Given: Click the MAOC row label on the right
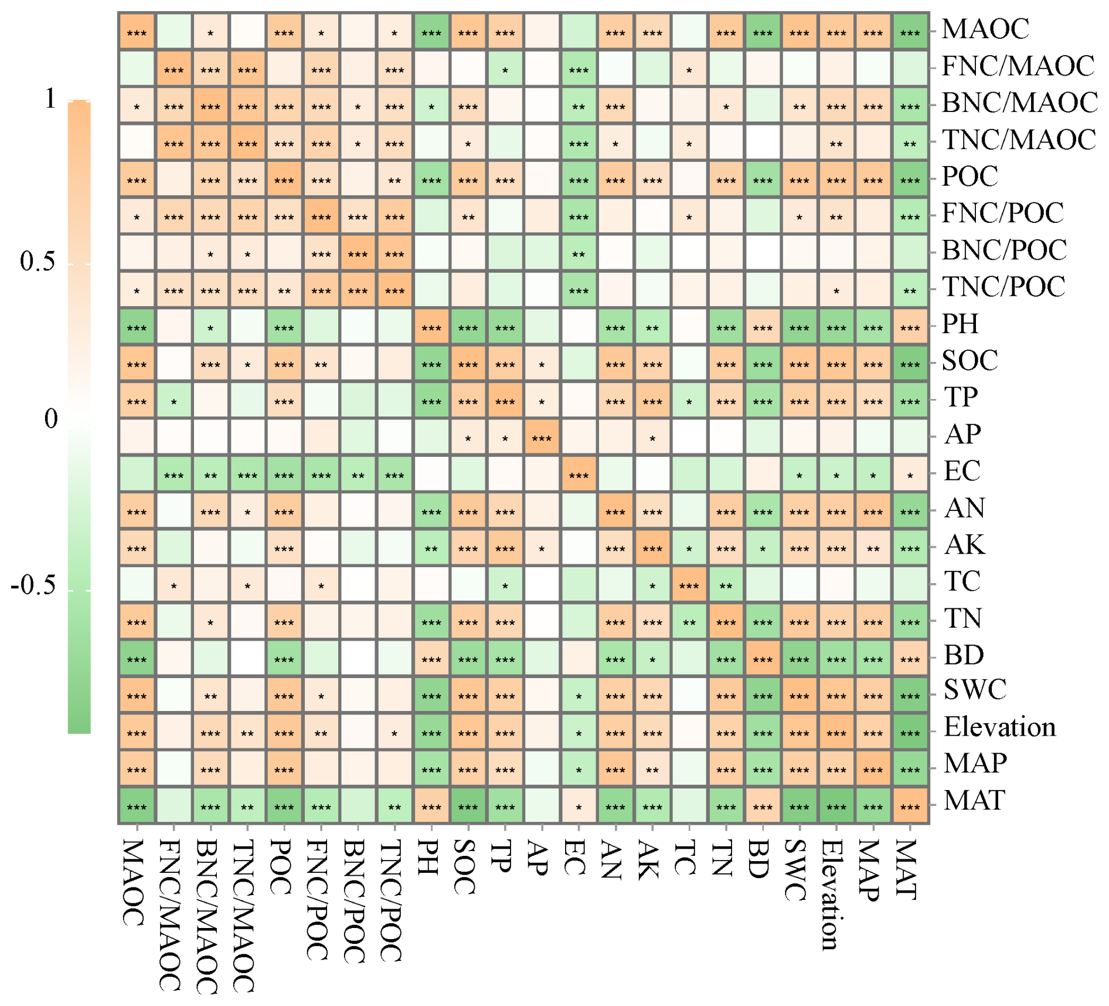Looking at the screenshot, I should tap(985, 29).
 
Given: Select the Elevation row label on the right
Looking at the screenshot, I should tap(999, 727).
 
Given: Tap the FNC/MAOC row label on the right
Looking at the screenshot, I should tap(1018, 66).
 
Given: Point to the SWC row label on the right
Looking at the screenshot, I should tap(975, 690).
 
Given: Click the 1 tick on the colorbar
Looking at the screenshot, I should tap(51, 99).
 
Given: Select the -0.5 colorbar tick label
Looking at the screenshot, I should tap(34, 585).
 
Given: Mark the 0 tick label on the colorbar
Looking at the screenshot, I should tap(51, 419).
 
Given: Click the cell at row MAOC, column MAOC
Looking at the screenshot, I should tap(137, 32).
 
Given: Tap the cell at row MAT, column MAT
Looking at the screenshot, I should tap(910, 805).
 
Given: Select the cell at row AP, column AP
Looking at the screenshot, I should tap(542, 437).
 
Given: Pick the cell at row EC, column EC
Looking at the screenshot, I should tap(579, 474).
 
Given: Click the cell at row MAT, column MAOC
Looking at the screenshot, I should tap(137, 805).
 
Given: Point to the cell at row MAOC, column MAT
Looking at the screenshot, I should tap(910, 32).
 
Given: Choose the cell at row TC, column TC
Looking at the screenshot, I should tap(689, 584).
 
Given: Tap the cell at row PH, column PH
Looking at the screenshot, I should tap(431, 327).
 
